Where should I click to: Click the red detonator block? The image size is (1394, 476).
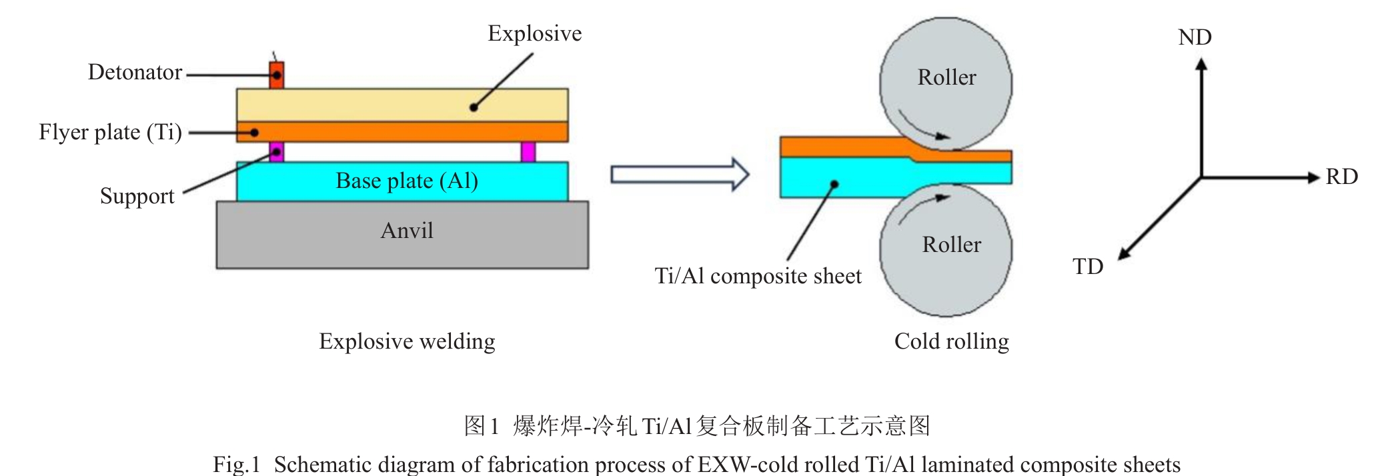click(276, 75)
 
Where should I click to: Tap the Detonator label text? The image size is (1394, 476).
click(135, 72)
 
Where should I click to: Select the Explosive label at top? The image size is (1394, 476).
click(534, 33)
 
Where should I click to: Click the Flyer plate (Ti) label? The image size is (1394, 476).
click(110, 132)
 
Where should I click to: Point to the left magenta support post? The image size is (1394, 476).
click(276, 152)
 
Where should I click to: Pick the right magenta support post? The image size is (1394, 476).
click(528, 152)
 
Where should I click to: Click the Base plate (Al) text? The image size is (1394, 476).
click(406, 181)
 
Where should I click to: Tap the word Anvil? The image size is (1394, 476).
click(406, 231)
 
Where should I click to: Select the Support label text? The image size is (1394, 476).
click(137, 196)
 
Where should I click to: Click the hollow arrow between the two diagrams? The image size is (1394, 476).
click(680, 175)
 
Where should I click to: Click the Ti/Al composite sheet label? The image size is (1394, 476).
click(758, 276)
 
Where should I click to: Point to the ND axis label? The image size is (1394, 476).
click(1195, 37)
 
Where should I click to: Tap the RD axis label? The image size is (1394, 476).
click(1341, 177)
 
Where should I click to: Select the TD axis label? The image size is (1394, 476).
click(1087, 267)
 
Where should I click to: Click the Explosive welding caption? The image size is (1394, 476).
click(407, 341)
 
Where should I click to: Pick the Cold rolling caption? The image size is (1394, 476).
click(951, 341)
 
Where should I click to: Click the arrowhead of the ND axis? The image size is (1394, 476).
click(1201, 65)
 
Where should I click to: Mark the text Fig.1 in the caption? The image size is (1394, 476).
click(236, 464)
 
